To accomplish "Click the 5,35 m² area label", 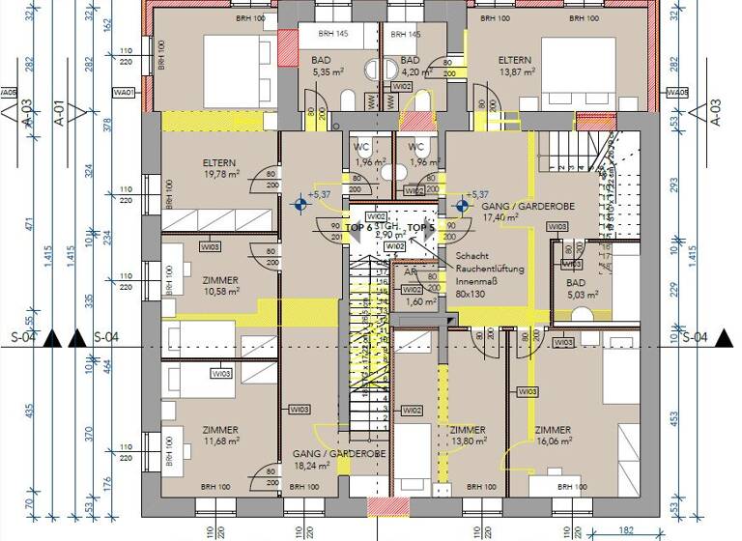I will pos(320,71).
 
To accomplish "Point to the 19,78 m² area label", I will pos(222,175).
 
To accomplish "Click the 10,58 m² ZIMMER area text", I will pos(220,292).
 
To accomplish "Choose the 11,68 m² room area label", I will pos(220,441).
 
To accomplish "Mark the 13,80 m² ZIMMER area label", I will pos(468,441).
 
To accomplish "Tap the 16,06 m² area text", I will pos(554,441).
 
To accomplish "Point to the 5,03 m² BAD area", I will pos(584,294).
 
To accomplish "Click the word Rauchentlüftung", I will pos(490,270).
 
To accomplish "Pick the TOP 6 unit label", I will pos(357,228).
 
